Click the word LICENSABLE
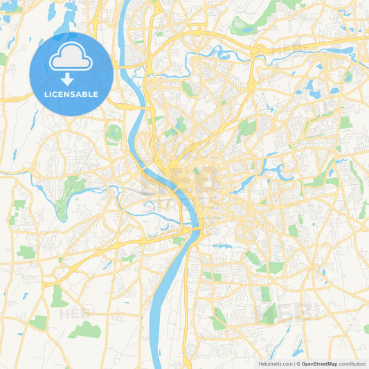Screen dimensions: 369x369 71,94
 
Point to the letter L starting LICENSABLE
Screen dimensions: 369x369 46,94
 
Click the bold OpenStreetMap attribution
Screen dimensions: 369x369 319,363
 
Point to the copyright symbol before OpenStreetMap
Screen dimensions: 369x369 298,363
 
